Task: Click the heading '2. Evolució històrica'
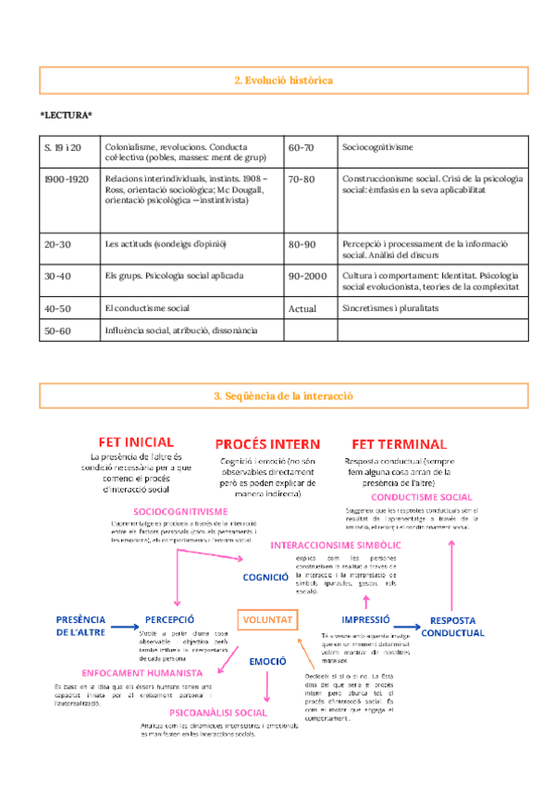283,81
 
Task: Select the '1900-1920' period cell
67,179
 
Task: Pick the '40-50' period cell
57,308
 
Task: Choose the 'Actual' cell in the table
302,308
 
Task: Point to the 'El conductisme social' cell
147,308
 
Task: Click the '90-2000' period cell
308,276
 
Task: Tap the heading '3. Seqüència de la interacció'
283,395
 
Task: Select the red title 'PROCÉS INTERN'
267,445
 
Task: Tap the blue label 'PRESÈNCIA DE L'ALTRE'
80,626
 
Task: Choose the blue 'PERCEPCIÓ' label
169,619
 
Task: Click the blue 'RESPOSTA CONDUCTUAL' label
452,627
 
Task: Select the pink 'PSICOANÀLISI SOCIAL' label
219,713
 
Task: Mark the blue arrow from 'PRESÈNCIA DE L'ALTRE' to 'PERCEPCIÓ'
122,627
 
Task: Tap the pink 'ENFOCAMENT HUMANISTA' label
142,672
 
